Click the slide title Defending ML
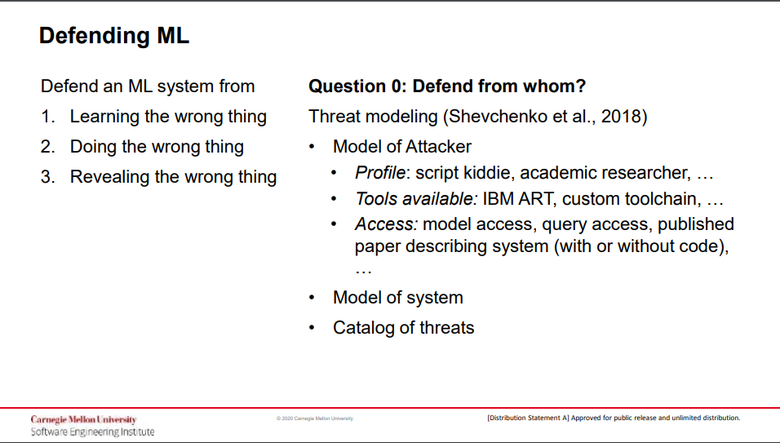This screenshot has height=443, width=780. coord(114,36)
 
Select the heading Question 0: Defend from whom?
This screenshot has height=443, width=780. coord(447,86)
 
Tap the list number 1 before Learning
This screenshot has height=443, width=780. coord(48,117)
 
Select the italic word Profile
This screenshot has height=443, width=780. coord(380,172)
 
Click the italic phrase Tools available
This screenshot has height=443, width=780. coord(415,199)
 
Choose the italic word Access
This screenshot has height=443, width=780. coord(385,224)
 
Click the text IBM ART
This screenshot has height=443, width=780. coord(518,199)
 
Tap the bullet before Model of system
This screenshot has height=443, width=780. coord(312,298)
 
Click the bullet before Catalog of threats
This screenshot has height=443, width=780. coord(312,328)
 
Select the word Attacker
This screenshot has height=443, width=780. coord(438,147)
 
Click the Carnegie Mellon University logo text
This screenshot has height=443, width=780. coord(83,419)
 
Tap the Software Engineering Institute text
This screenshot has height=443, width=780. coord(92,432)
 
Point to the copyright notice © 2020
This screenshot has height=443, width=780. coord(315,419)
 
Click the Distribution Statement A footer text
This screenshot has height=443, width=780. coord(614,418)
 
